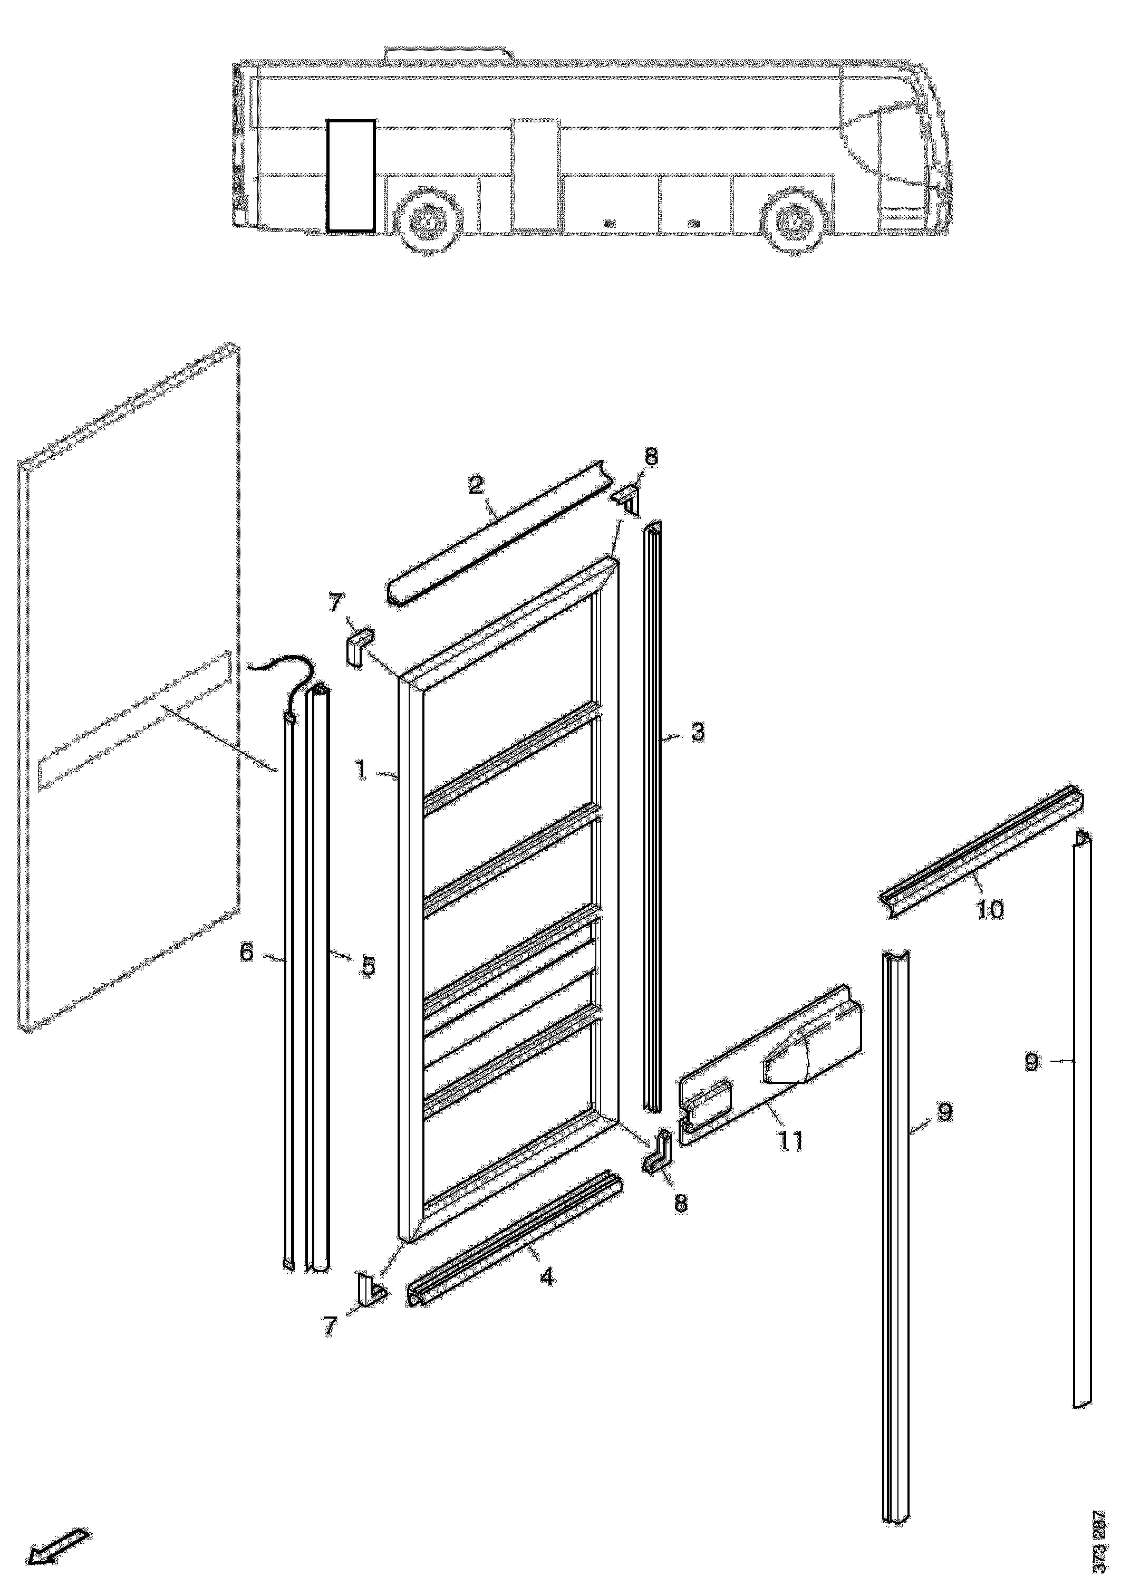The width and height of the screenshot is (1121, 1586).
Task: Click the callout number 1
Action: [x=361, y=770]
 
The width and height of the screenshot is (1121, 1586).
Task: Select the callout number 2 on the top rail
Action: [x=476, y=484]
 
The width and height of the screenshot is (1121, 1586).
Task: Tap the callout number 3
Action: [x=698, y=732]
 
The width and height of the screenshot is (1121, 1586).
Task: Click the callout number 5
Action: [x=368, y=966]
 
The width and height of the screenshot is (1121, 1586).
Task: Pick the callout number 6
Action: [x=247, y=953]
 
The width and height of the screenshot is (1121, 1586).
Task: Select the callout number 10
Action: [x=990, y=910]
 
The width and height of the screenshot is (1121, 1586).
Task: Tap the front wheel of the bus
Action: [x=794, y=223]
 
